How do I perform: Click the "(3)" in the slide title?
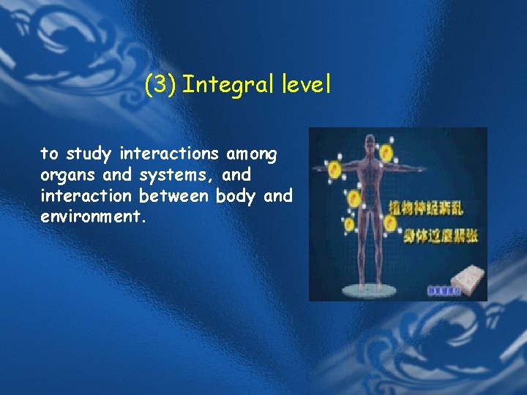coord(159,86)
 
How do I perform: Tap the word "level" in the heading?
coord(307,86)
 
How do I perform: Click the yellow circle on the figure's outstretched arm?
coord(337,170)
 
